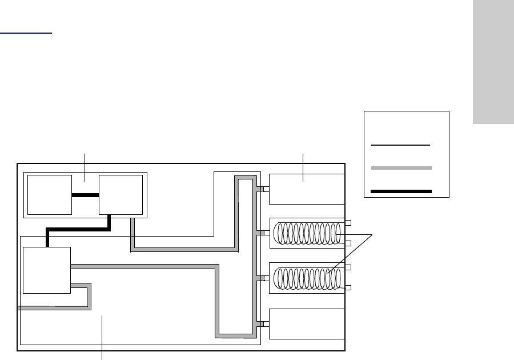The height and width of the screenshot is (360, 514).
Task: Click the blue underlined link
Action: point(26,33)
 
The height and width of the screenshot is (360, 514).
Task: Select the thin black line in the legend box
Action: point(400,146)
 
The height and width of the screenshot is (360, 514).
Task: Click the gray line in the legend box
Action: point(400,168)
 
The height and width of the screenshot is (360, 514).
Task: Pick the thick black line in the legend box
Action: point(400,191)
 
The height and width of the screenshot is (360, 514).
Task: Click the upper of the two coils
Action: point(307,233)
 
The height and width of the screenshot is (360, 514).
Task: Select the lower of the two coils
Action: point(307,278)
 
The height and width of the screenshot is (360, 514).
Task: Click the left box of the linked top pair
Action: point(49,195)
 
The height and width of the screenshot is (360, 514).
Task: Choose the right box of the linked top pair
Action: point(121,195)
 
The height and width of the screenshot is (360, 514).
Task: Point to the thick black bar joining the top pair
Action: point(85,195)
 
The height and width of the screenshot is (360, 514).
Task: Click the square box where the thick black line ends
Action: point(46,270)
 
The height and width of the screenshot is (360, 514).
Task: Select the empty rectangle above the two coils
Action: point(307,189)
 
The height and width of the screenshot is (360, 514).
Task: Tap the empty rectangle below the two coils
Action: point(307,324)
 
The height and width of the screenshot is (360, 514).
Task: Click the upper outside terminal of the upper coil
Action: point(348,222)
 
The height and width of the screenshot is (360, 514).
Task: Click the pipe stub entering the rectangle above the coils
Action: point(266,189)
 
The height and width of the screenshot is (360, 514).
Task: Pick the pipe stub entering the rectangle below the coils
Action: point(266,324)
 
